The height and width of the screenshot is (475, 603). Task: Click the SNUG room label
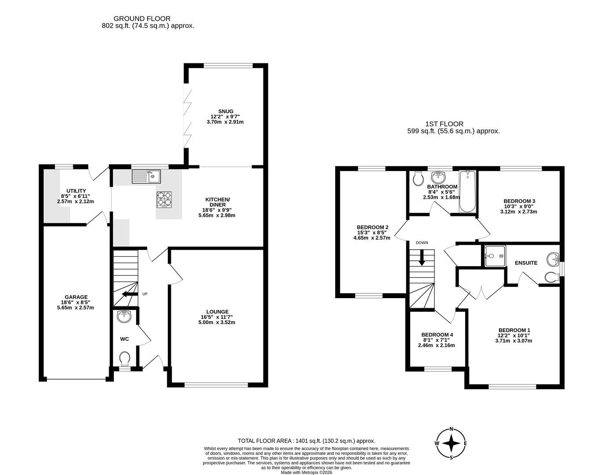(226, 111)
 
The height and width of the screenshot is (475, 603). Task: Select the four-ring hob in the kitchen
(164, 199)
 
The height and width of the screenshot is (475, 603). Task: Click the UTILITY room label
(76, 191)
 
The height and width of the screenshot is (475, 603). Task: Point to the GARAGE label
(76, 297)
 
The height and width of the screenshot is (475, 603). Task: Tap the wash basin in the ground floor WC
(125, 316)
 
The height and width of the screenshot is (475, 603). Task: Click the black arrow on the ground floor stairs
(128, 294)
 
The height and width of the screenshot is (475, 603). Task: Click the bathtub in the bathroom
(467, 192)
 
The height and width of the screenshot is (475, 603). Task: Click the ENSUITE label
(526, 263)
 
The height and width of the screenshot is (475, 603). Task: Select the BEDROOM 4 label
(437, 335)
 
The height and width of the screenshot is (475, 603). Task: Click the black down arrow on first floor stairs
(422, 258)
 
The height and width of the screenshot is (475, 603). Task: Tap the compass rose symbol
(451, 443)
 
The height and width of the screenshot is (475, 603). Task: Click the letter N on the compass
(451, 430)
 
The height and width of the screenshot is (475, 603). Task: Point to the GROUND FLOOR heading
(142, 18)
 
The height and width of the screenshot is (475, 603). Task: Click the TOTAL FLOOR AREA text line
(306, 441)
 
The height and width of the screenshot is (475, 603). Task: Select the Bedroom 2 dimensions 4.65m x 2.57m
(372, 238)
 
